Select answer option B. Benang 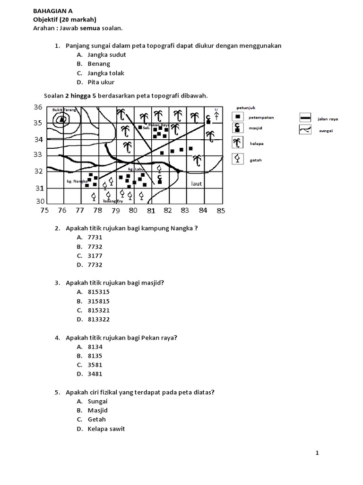point(98,63)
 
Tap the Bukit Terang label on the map point(64,109)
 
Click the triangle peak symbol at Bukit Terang point(61,119)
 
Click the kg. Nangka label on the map point(78,180)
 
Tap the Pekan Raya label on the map point(158,125)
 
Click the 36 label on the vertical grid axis point(38,108)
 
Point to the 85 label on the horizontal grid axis point(221,211)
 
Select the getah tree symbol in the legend point(238,159)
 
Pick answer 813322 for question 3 point(98,319)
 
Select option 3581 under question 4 point(95,365)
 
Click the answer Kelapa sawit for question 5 point(106,429)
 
